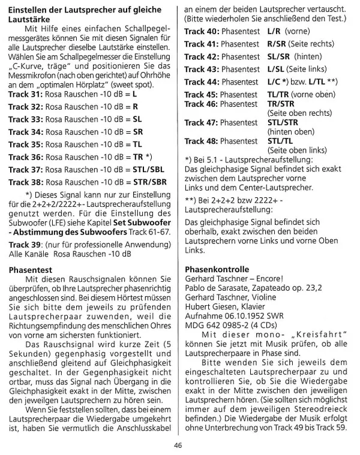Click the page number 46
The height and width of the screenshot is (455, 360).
click(x=178, y=445)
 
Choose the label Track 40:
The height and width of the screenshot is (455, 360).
click(x=202, y=31)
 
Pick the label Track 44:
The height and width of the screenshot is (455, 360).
click(x=202, y=82)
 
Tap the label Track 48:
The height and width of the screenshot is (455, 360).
click(x=202, y=141)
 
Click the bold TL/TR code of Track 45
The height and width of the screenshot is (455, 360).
click(x=277, y=95)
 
